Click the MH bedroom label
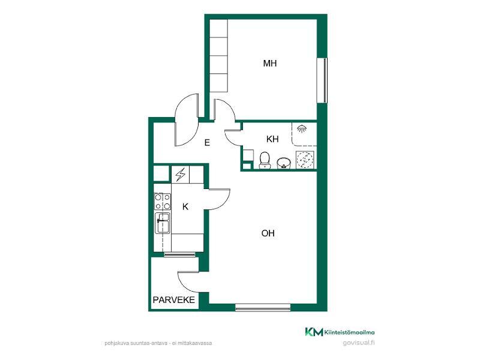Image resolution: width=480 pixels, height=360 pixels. coord(269,64)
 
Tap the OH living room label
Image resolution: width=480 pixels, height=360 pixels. coord(268,233)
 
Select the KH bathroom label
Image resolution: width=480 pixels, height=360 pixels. coord(272,139)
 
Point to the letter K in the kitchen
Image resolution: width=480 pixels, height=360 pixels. coord(185,207)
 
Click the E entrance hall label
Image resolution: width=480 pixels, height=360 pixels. coord(207,143)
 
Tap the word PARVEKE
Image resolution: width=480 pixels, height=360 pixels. coord(173,299)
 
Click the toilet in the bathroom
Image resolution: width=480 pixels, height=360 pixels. coord(265,160)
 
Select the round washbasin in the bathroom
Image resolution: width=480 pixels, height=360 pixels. coord(284,163)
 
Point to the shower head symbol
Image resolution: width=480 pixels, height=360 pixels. coord(302,128)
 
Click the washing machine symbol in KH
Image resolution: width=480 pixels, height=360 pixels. coord(305,160)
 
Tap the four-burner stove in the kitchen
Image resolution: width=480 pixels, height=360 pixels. coord(163,202)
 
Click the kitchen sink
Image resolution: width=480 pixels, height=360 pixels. coord(163,223)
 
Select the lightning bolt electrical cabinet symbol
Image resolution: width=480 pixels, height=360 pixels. coord(181,175)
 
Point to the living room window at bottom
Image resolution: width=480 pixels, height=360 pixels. coord(263,307)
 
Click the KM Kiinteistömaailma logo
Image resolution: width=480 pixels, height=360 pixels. coord(340,332)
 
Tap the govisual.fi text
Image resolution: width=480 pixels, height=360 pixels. coord(358,343)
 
